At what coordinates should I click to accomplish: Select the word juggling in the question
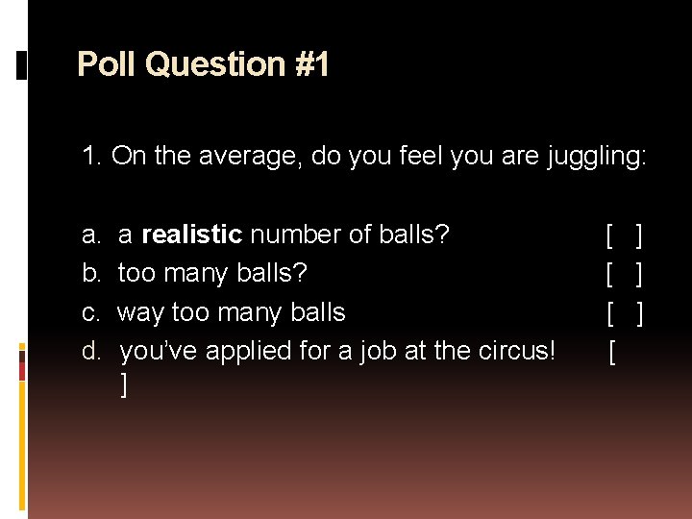[596, 157]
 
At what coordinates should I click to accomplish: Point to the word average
[241, 156]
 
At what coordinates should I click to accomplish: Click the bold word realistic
[191, 235]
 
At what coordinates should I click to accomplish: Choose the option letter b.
[90, 274]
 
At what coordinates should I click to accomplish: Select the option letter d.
[90, 351]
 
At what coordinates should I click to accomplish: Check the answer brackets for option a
[625, 235]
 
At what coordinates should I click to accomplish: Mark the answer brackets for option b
[625, 274]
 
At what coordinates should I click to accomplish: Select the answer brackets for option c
[625, 312]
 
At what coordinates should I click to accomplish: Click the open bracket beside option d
[611, 353]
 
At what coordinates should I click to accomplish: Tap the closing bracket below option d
[124, 384]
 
